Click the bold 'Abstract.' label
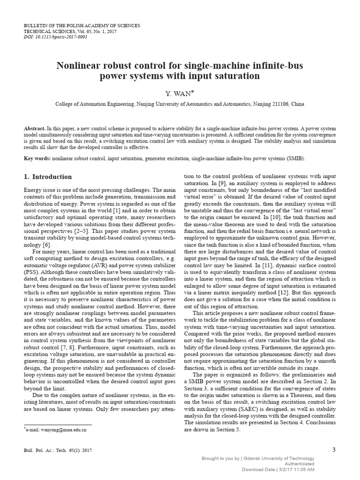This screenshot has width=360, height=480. pyautogui.click(x=35, y=128)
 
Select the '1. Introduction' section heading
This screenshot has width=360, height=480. pyautogui.click(x=48, y=177)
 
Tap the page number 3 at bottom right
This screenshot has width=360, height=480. pyautogui.click(x=334, y=450)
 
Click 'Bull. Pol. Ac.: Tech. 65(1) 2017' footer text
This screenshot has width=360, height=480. pyautogui.click(x=58, y=450)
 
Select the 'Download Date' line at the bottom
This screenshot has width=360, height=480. pyautogui.click(x=278, y=469)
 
